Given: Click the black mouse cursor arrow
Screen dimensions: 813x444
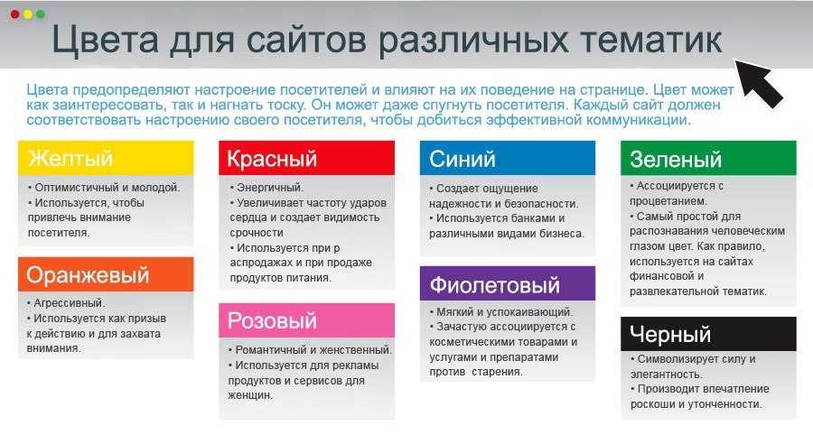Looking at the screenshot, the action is pos(759,83).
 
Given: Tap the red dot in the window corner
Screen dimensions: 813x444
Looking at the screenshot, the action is pos(15,14).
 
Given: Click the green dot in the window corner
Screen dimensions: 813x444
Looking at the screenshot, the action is pos(41,14).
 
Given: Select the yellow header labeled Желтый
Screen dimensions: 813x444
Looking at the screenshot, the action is pos(106,158).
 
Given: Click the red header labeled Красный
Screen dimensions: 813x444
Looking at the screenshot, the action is pos(306,158).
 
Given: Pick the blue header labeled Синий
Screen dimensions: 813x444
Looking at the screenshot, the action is pos(508,158).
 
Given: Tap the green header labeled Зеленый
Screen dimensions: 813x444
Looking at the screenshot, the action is pos(708,158).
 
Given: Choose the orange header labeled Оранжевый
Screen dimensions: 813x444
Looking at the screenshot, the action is pos(106,274).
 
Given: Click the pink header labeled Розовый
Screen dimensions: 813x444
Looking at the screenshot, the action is pos(306,320).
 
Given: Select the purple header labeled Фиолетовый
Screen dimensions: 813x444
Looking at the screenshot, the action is pos(508,284).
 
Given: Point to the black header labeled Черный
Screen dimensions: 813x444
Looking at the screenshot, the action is pos(708,334).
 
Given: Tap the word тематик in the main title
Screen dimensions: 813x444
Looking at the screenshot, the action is pos(650,40).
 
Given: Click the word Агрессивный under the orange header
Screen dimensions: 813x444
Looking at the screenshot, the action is pos(68,303).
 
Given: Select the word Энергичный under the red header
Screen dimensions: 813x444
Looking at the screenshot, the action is pos(268,188).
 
